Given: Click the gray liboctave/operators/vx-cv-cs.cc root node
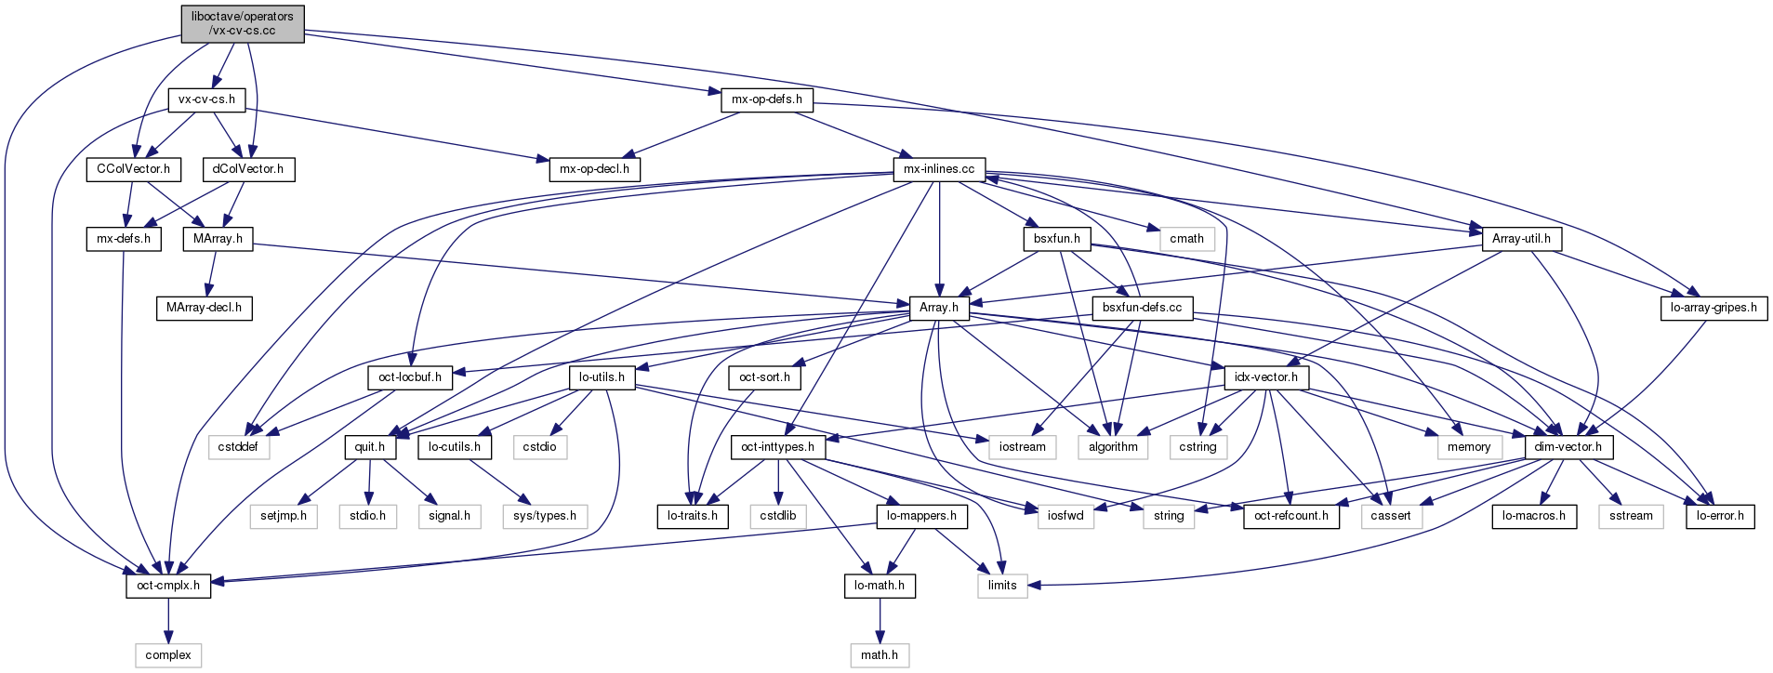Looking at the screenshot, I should pos(242,23).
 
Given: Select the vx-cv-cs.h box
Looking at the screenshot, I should pos(206,99).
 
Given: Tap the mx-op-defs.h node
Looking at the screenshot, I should pos(767,99).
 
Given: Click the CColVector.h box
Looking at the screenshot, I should pos(134,169).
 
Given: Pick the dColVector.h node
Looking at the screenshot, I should pos(248,169).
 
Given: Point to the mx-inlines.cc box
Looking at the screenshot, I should pos(939,169).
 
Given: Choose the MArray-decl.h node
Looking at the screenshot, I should pos(204,308).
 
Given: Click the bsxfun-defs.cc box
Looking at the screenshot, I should pos(1142,308).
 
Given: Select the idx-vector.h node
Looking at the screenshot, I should pos(1266,377).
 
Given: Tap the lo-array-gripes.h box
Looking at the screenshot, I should pos(1713,308).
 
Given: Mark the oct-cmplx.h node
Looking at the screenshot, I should pos(168,586).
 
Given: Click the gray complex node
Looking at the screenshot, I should pos(168,655).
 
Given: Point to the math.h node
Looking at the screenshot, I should pos(880,655).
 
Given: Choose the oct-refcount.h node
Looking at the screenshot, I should pos(1291,516).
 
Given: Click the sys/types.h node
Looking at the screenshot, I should pos(545,516).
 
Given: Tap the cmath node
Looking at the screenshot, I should pos(1186,239).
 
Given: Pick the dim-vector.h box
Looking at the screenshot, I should pos(1568,447).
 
